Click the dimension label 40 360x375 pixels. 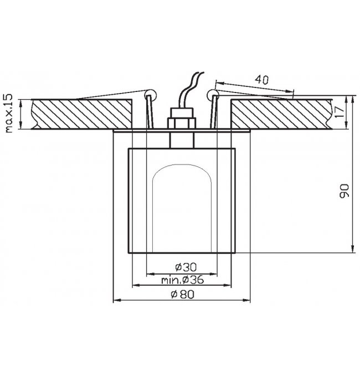(261, 80)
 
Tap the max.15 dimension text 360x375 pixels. (8, 114)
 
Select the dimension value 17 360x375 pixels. (339, 112)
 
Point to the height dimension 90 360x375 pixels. (344, 191)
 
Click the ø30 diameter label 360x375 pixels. (186, 267)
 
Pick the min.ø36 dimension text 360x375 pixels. (183, 279)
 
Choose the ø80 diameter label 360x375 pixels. (183, 294)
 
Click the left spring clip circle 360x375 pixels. (150, 95)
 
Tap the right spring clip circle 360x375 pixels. (213, 95)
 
